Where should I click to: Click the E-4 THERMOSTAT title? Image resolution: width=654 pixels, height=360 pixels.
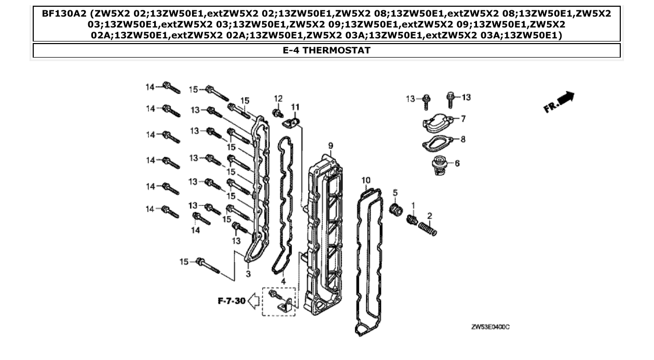coord(326,50)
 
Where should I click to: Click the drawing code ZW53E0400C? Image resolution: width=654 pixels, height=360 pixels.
coord(490,327)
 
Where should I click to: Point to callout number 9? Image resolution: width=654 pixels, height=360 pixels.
coord(330,145)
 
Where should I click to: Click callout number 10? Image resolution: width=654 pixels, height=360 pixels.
coord(366,180)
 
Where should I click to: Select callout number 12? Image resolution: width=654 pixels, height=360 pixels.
coord(278,99)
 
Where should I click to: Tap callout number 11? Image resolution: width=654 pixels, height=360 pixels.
coord(295,107)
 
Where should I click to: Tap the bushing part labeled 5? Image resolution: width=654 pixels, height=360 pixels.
coord(397,211)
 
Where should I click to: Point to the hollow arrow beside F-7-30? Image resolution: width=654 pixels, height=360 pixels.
coord(254,300)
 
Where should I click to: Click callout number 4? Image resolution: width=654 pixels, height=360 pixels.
coord(283,281)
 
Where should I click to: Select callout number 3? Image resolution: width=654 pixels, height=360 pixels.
coord(248,273)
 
